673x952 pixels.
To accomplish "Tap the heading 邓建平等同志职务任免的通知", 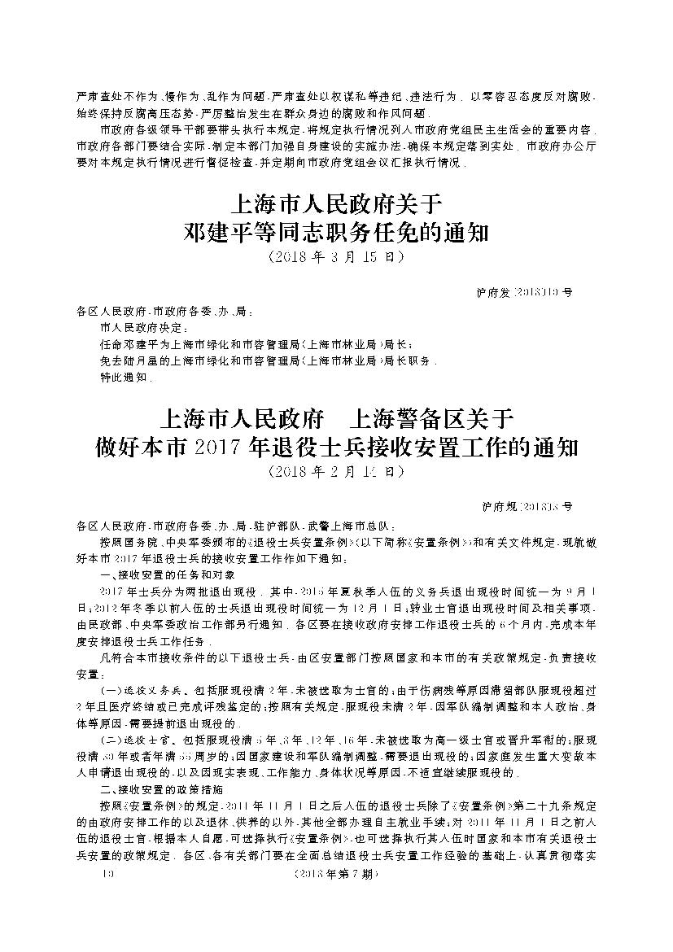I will pyautogui.click(x=337, y=234).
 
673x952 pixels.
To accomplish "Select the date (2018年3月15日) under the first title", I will pyautogui.click(x=336, y=257).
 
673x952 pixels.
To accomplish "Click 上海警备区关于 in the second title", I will pyautogui.click(x=431, y=419).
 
